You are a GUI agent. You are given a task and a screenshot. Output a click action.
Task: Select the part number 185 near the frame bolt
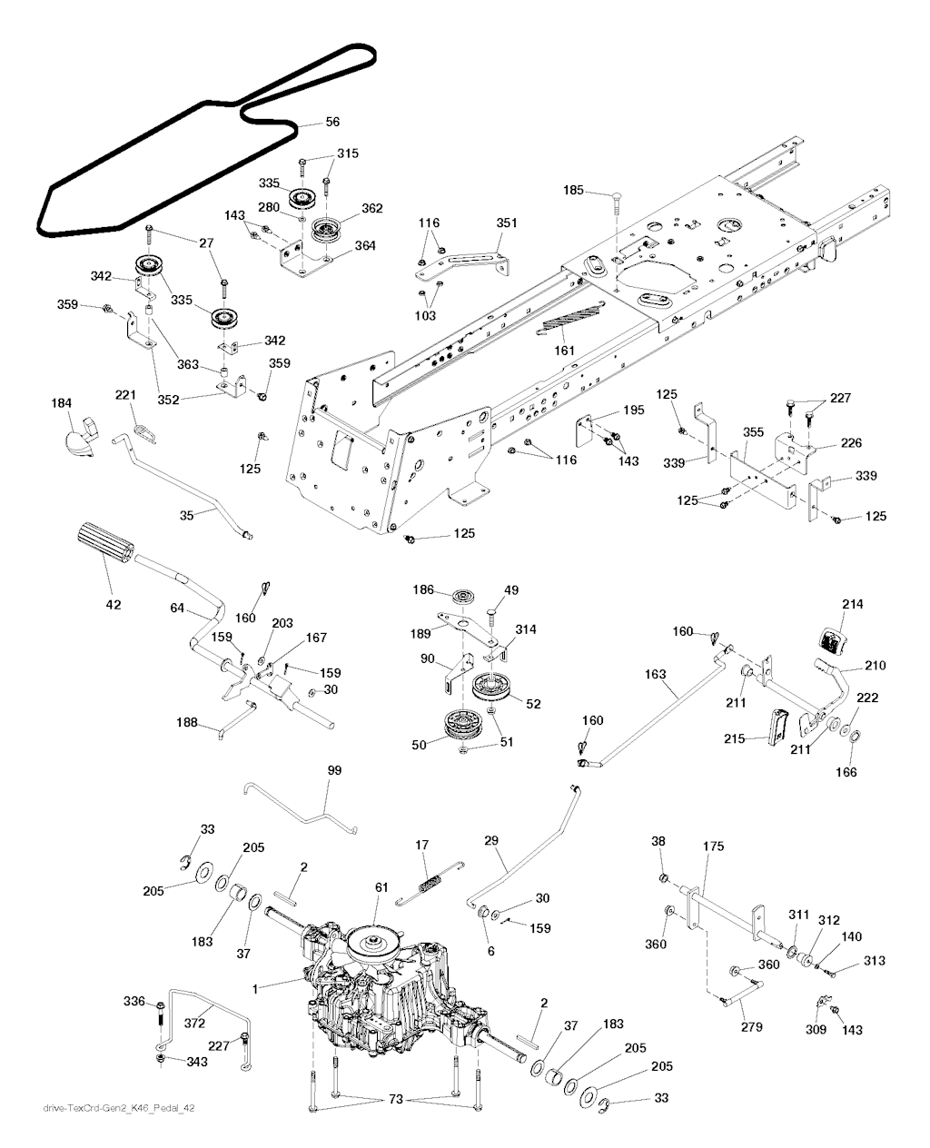point(574,191)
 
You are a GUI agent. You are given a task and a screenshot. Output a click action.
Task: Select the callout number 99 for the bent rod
point(334,770)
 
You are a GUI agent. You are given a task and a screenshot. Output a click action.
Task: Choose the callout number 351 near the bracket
point(506,223)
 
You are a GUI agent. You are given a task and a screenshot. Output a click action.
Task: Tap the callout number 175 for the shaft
point(715,846)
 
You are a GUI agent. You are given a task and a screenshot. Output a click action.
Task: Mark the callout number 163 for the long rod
point(656,675)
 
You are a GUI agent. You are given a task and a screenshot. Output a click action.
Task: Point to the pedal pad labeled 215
point(777,726)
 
